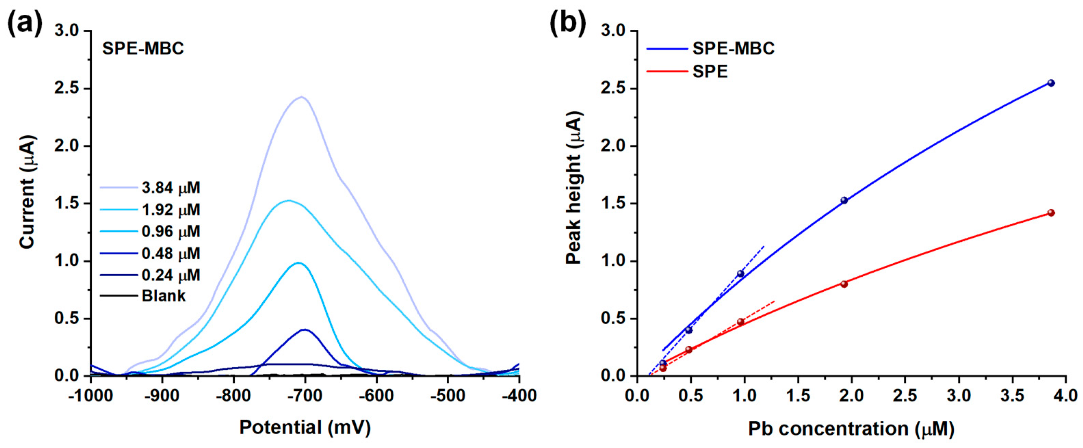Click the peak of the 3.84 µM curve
click(301, 97)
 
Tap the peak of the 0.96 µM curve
click(298, 263)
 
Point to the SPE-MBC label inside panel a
click(143, 49)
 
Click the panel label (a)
click(25, 24)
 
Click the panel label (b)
click(567, 24)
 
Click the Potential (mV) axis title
click(305, 428)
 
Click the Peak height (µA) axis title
click(574, 187)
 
